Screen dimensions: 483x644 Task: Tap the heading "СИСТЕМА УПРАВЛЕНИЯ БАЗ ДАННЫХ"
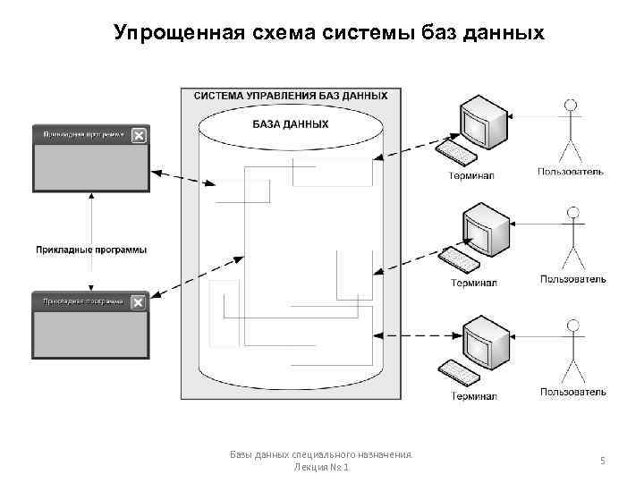291,95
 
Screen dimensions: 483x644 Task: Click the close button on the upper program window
139,135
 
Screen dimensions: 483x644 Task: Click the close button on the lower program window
139,302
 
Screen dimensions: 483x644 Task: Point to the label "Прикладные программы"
91,250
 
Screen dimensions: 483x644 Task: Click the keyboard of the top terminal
456,153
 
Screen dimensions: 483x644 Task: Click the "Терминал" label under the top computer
470,175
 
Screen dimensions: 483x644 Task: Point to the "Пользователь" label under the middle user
572,279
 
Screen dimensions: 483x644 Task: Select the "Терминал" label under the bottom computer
474,395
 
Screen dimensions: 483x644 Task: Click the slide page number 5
603,461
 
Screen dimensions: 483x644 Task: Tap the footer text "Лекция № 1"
321,468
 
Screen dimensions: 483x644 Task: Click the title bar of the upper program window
80,135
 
